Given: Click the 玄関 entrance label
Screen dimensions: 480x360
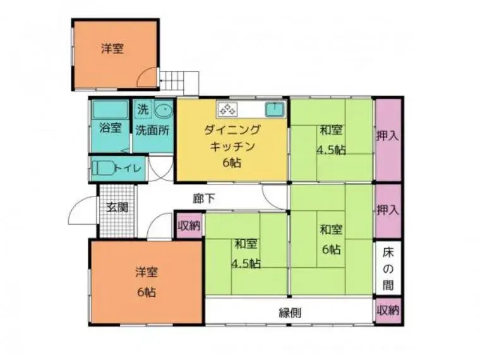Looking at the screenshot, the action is click(x=117, y=208).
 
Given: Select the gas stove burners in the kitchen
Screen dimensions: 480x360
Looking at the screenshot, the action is click(x=227, y=109).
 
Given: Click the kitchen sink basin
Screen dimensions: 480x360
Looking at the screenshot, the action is click(x=275, y=110).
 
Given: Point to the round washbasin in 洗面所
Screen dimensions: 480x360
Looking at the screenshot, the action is click(x=164, y=110).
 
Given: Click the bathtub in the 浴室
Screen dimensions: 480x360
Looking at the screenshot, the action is click(x=110, y=109).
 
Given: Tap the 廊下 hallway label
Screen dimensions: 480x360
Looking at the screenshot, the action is click(x=203, y=199).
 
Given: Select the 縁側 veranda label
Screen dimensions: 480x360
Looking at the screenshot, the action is click(x=290, y=313).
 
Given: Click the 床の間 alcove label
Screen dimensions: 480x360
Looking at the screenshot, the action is click(x=388, y=269).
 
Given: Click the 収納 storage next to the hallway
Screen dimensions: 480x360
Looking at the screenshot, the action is click(x=189, y=225).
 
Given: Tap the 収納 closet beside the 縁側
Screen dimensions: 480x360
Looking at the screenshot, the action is click(x=388, y=310).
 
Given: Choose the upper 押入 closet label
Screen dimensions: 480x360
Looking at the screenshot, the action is click(x=388, y=136).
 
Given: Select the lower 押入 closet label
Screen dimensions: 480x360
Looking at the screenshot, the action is click(x=388, y=210).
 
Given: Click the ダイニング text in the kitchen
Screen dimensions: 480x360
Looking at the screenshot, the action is click(x=232, y=130).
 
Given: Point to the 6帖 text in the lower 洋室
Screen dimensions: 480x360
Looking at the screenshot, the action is click(x=147, y=292).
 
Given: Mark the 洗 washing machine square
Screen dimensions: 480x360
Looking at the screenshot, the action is click(x=143, y=109).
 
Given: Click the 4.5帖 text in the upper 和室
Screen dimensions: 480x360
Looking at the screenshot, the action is click(x=331, y=150).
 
